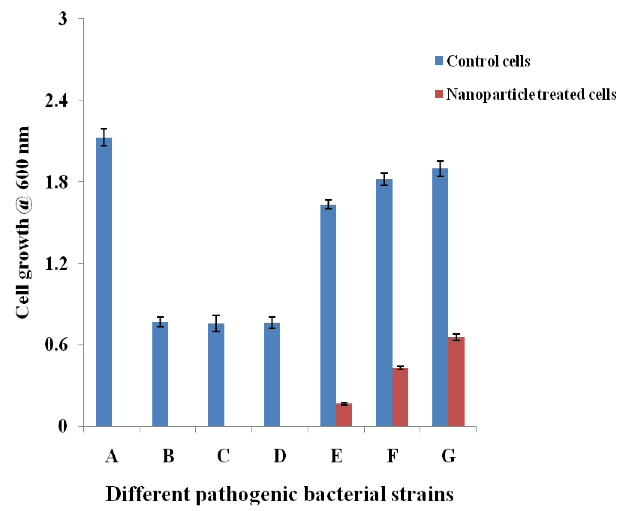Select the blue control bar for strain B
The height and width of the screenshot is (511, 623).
(160, 374)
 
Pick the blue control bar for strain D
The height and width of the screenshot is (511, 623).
(272, 374)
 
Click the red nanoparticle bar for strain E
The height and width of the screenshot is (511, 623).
(344, 415)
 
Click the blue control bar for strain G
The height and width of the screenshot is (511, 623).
(440, 297)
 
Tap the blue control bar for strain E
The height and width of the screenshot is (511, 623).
(328, 315)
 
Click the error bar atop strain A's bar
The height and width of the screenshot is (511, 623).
(104, 137)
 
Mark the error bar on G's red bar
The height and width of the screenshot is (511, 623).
(456, 337)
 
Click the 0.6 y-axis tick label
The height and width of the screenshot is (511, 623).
(56, 345)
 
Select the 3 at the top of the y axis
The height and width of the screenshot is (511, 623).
(62, 19)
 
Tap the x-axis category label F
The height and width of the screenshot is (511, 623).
(392, 456)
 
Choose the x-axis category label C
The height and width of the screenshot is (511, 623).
(223, 456)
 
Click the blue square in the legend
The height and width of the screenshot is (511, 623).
(439, 61)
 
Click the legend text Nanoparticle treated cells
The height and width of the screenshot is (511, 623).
(531, 94)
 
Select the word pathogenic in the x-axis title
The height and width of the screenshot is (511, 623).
(247, 494)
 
